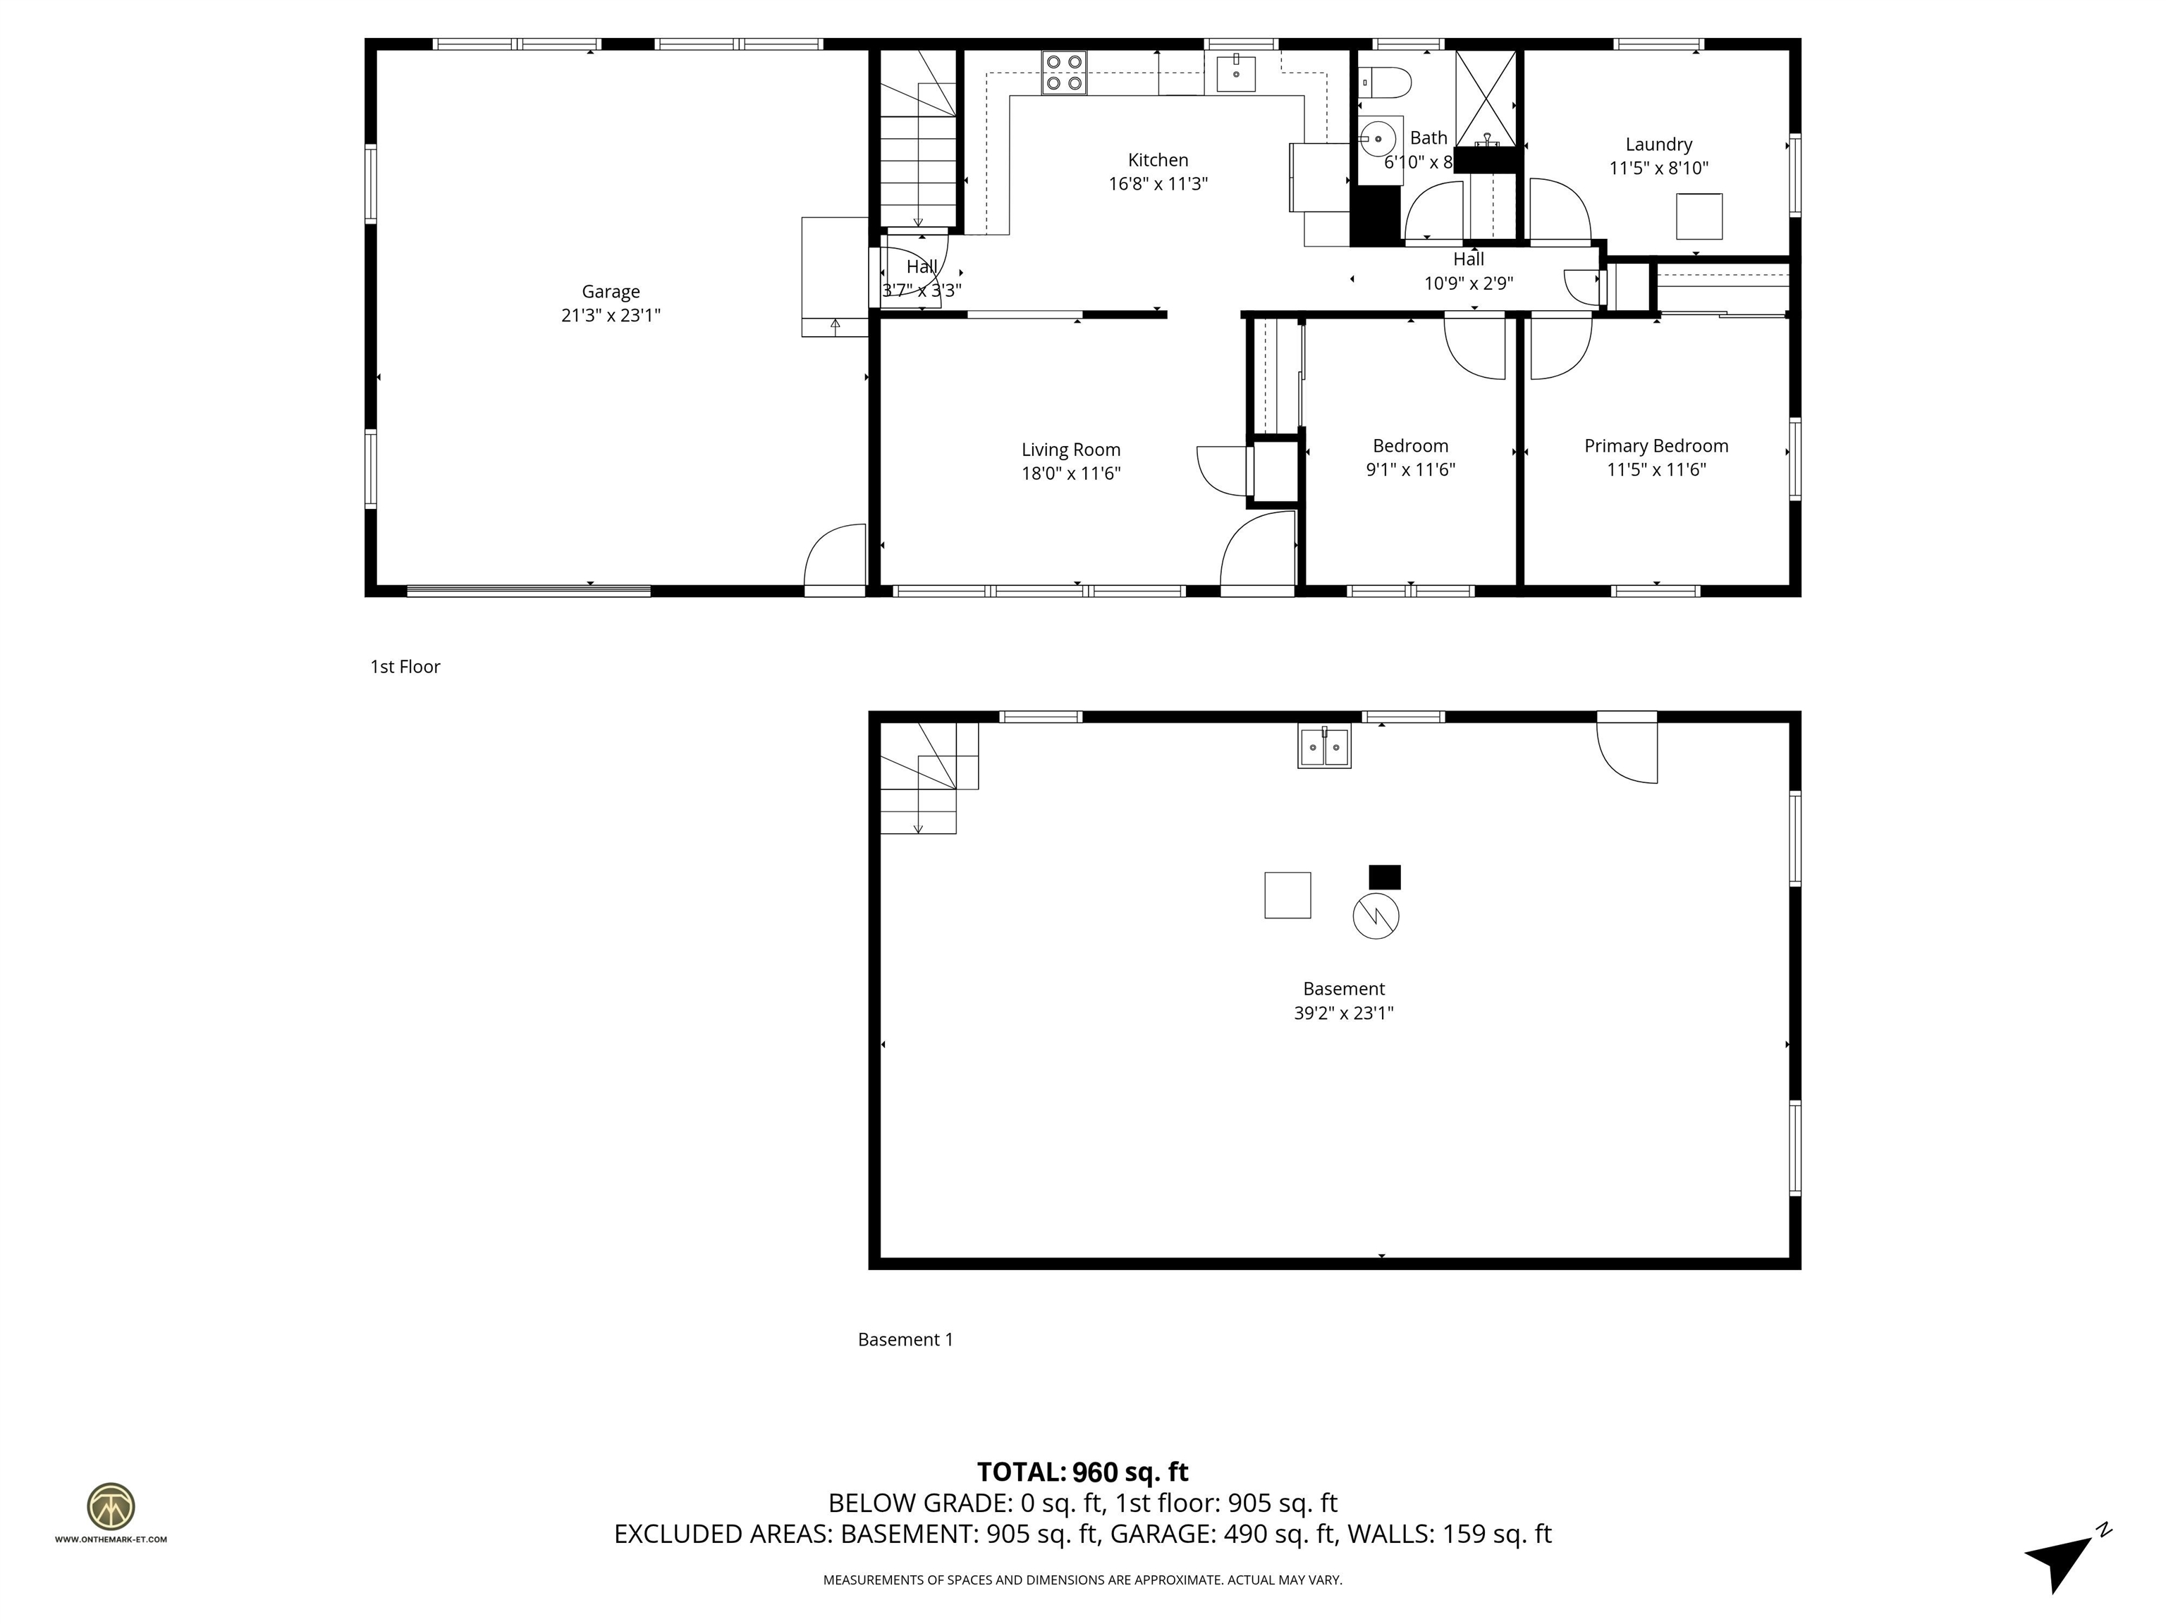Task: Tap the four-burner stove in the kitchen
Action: point(1063,73)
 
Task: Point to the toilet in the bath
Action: point(1385,82)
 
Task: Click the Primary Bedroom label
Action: point(1656,446)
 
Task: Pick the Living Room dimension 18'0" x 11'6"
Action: point(1070,474)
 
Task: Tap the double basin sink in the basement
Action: point(1324,748)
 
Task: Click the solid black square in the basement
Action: point(1383,877)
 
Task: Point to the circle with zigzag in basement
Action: point(1375,916)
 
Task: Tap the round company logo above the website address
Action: point(111,1506)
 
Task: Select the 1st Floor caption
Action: point(405,667)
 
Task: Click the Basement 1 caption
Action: point(905,1339)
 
